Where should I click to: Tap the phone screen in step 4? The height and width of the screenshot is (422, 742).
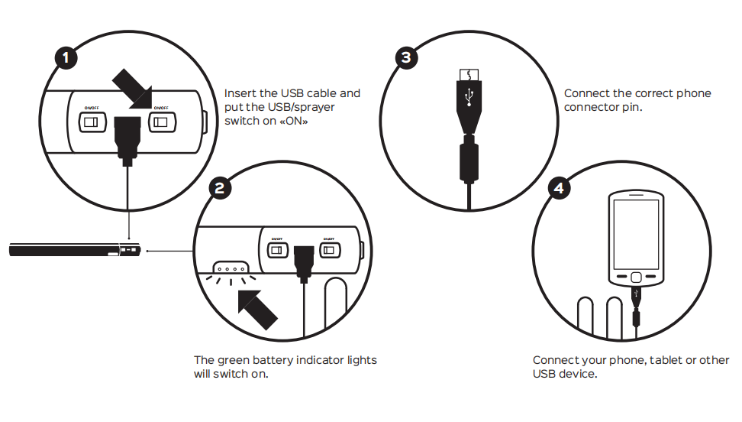636,233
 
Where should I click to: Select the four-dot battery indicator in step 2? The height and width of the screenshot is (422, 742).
231,269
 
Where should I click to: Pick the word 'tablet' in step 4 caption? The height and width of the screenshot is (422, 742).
666,360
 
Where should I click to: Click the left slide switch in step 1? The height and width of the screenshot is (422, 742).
92,122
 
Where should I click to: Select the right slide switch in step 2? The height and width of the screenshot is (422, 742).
330,250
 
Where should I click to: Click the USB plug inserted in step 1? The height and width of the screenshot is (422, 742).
127,137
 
